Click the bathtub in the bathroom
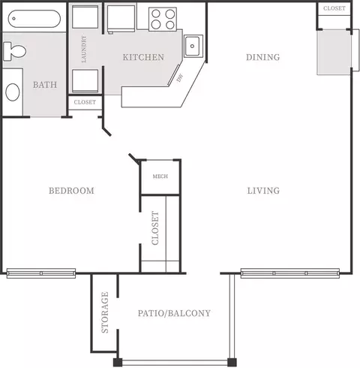34,18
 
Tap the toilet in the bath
14,51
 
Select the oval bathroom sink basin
13,92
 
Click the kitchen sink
192,46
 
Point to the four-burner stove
163,19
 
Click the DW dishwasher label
180,78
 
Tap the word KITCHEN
143,57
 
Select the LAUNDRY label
84,49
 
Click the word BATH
45,85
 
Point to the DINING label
263,57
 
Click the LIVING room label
263,191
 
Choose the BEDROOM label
71,191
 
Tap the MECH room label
160,176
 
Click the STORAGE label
105,312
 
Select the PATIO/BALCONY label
174,313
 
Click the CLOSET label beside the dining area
334,8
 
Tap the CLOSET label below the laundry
85,102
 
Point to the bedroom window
41,273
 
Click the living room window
290,273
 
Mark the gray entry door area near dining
334,53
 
